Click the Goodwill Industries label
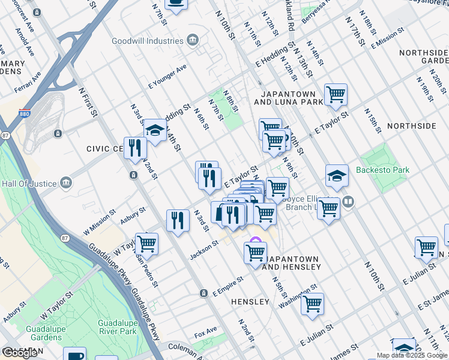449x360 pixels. coord(148,41)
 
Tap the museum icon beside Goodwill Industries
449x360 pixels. coord(192,41)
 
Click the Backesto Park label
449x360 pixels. coord(382,170)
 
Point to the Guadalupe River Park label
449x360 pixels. coord(118,326)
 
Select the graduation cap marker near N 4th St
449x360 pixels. coord(155,130)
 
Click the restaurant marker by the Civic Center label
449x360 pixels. coord(135,148)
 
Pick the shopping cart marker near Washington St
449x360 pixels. coord(313,304)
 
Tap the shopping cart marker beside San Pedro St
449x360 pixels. coord(146,244)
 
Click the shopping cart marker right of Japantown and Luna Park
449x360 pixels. coord(336,94)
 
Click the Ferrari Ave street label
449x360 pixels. coord(28,83)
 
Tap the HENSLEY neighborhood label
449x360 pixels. coord(250,302)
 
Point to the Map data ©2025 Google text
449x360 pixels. coord(412,355)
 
